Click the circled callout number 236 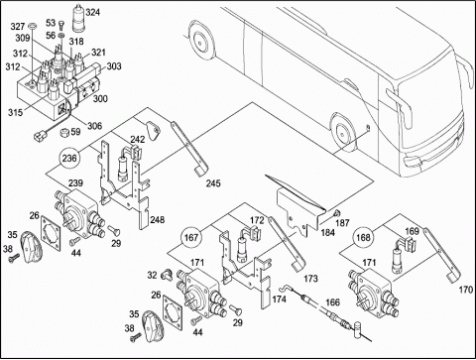click(x=69, y=158)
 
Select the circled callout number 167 click(x=191, y=237)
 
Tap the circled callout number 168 click(x=363, y=237)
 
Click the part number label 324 click(x=92, y=12)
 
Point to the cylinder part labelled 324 click(x=78, y=18)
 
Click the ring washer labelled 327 click(x=33, y=25)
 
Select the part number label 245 click(x=213, y=183)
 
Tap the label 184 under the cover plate click(x=327, y=232)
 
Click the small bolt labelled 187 click(x=336, y=212)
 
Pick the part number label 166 click(x=332, y=302)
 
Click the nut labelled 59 click(x=64, y=133)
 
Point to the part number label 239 click(x=75, y=182)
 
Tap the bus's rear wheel click(x=199, y=41)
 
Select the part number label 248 click(x=157, y=219)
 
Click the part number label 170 click(x=466, y=290)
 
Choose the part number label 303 click(x=114, y=66)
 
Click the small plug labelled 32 click(x=167, y=275)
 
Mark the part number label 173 click(x=310, y=279)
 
